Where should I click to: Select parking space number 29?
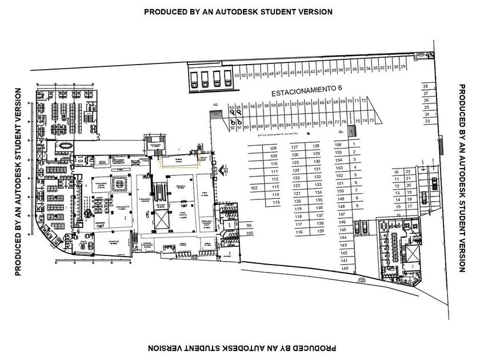click(x=403, y=67)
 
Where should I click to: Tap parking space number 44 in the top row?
click(x=299, y=72)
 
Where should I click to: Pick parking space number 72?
click(x=363, y=101)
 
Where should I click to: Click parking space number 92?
click(x=232, y=128)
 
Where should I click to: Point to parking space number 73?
click(x=371, y=121)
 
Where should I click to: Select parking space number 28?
click(x=426, y=86)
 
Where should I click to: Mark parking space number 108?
click(x=273, y=149)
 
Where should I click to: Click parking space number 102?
click(x=255, y=187)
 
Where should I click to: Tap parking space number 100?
click(x=249, y=234)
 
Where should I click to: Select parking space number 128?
click(x=316, y=146)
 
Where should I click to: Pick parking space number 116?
click(x=299, y=232)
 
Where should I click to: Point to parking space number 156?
click(x=338, y=145)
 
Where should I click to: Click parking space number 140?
click(x=345, y=268)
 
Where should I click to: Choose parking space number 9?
click(x=357, y=205)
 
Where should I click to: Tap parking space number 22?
click(x=407, y=172)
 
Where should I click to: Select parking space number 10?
click(x=396, y=172)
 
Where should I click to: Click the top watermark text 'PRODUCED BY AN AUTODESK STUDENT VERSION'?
click(x=238, y=11)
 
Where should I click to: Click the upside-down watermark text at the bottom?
click(x=241, y=347)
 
